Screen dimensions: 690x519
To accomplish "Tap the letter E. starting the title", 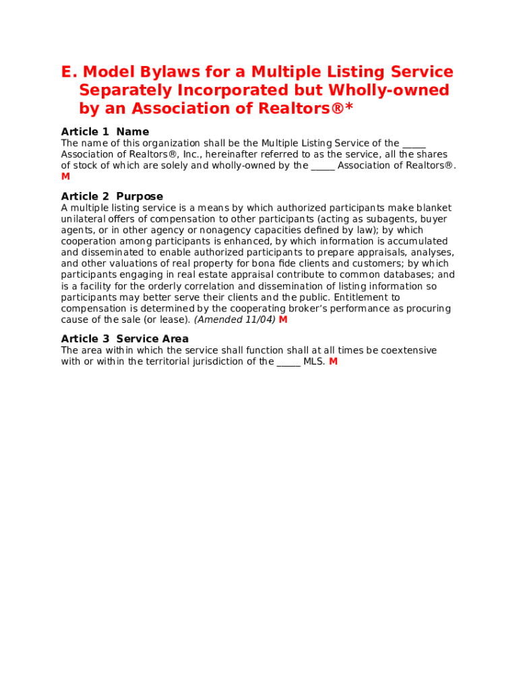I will click(x=69, y=72).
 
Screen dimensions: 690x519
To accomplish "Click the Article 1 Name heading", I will click(x=104, y=131).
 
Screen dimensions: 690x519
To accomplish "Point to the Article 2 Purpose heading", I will click(x=112, y=196).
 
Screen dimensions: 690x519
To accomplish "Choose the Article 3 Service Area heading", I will click(x=125, y=338).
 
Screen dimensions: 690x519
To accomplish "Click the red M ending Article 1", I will click(x=65, y=177).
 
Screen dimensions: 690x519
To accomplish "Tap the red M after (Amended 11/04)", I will click(x=283, y=319).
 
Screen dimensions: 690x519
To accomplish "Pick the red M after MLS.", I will click(x=333, y=361).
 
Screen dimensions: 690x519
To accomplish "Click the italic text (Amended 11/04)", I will click(x=235, y=319).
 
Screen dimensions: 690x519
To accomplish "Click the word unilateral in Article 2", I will click(x=84, y=219).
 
